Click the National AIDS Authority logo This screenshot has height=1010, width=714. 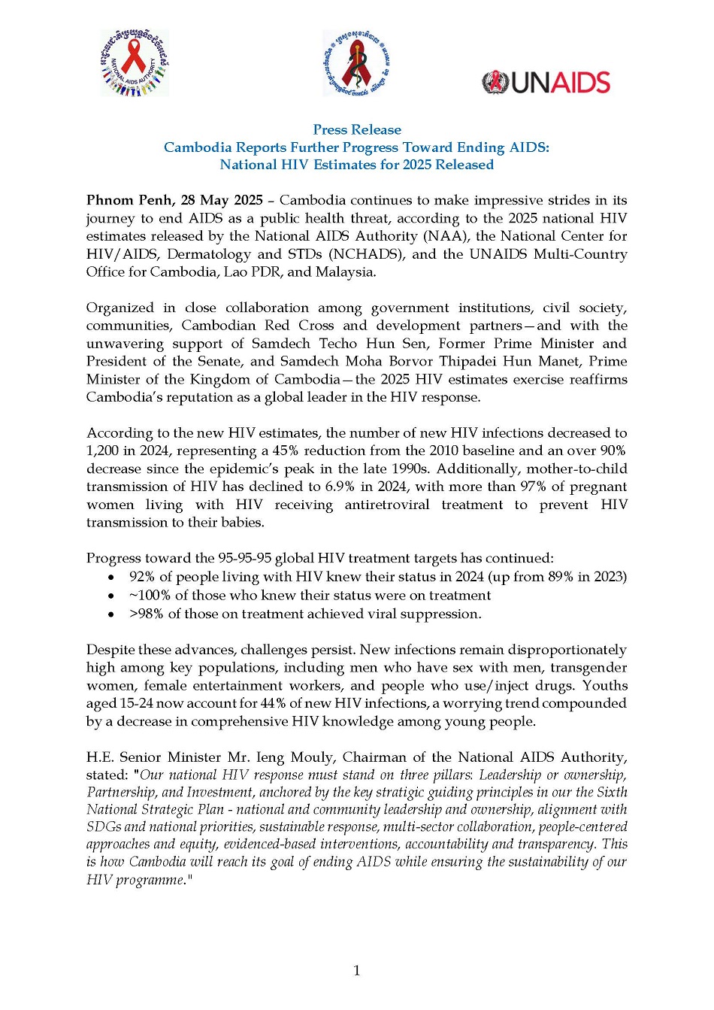[135, 62]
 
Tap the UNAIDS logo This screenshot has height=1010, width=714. [546, 82]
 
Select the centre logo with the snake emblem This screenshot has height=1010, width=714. [356, 62]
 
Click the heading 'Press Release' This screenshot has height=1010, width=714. [357, 129]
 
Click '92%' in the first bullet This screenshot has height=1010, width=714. [141, 577]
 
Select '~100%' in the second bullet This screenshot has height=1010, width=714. [150, 596]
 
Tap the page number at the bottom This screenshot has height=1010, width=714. [356, 971]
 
